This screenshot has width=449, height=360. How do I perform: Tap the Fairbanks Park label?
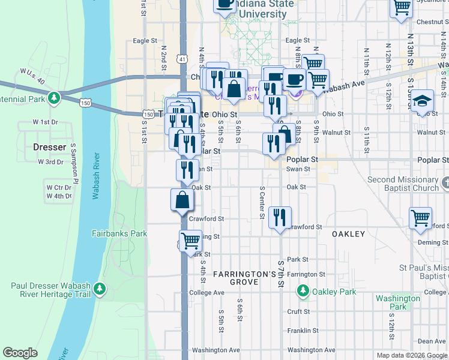[x=119, y=233]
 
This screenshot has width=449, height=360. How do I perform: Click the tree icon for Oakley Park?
[x=303, y=292]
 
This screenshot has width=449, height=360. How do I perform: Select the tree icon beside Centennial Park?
[x=54, y=97]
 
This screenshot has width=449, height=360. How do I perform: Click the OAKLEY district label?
[x=348, y=234]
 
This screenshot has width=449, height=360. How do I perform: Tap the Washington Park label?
[x=397, y=302]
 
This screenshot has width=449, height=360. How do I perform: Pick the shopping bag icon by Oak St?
[x=182, y=200]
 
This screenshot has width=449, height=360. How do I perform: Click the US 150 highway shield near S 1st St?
[x=148, y=114]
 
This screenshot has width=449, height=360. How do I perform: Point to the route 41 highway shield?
[x=181, y=59]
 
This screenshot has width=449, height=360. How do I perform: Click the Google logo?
[x=20, y=353]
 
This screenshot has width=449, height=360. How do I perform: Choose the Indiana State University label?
[x=265, y=9]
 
